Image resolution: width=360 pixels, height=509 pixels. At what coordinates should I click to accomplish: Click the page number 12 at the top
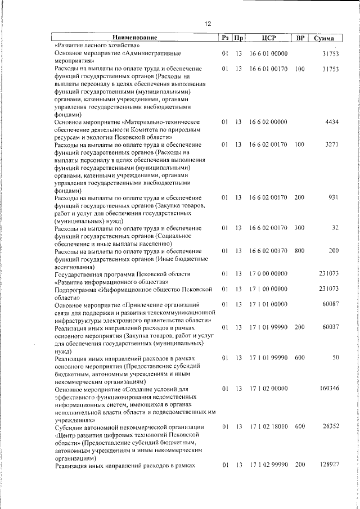click(x=208, y=24)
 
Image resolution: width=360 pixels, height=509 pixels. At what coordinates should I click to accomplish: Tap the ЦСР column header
click(x=268, y=38)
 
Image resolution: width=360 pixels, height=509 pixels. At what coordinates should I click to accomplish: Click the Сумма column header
click(x=325, y=38)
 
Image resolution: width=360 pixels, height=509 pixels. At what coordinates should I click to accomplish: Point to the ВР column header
click(x=300, y=38)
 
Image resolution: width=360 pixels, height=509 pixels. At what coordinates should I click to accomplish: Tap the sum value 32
click(x=335, y=228)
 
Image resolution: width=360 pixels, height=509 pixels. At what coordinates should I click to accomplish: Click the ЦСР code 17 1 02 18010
click(x=268, y=427)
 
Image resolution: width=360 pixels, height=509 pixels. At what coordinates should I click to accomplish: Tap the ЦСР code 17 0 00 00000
click(x=268, y=274)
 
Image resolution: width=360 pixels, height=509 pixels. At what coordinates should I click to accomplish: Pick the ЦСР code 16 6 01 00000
click(x=268, y=53)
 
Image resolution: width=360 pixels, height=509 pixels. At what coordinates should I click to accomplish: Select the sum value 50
click(x=335, y=358)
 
